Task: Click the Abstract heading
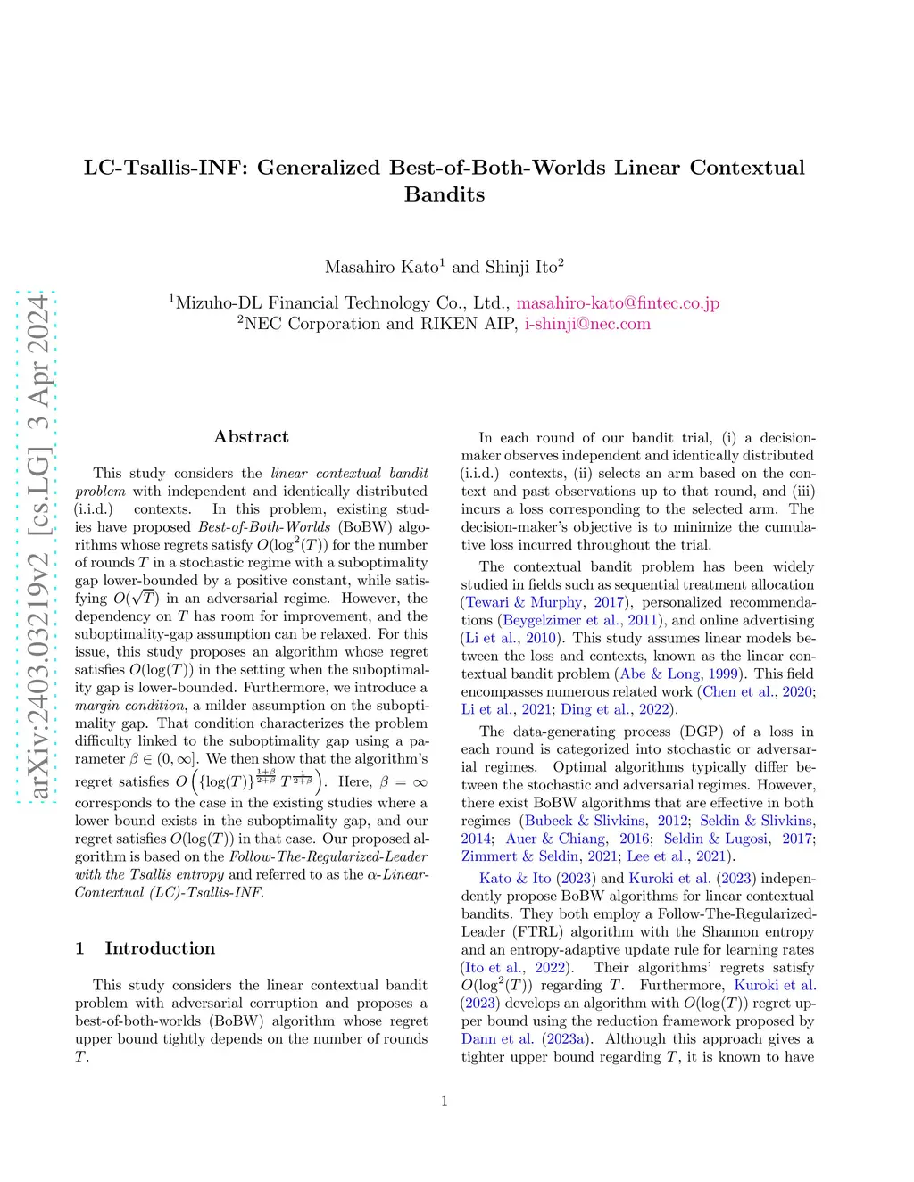click(x=251, y=437)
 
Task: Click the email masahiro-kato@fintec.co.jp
click(x=618, y=303)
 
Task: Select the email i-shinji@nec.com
click(x=587, y=324)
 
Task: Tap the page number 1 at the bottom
click(x=445, y=1102)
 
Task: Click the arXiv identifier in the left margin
click(x=37, y=547)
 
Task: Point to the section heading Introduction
click(x=160, y=948)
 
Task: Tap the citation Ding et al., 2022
click(x=615, y=709)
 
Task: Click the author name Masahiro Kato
click(x=382, y=268)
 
